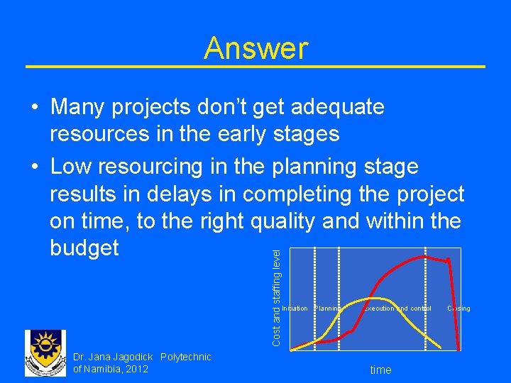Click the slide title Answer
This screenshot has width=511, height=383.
click(255, 48)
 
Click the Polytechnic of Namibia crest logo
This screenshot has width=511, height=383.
click(45, 353)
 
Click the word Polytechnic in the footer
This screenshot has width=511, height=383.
click(186, 357)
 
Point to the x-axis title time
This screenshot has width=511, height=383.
click(380, 370)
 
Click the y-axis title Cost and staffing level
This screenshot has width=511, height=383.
click(278, 296)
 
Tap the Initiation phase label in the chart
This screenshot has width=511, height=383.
click(295, 309)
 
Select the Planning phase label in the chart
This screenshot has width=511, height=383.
click(328, 309)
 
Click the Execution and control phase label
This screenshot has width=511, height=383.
click(397, 309)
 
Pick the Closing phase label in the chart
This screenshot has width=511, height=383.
click(458, 309)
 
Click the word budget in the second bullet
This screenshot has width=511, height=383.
click(84, 248)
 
